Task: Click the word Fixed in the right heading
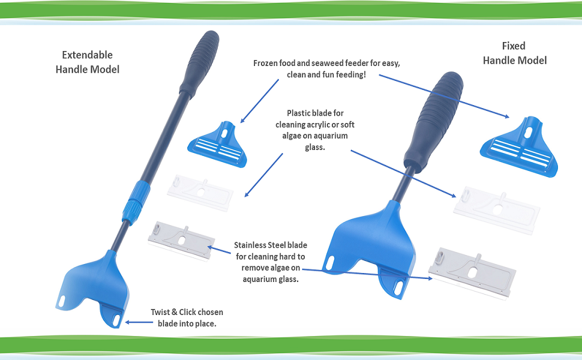(x=513, y=46)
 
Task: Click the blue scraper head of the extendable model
(x=96, y=285)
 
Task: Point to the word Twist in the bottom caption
(x=163, y=313)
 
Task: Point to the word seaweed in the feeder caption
(x=338, y=64)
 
